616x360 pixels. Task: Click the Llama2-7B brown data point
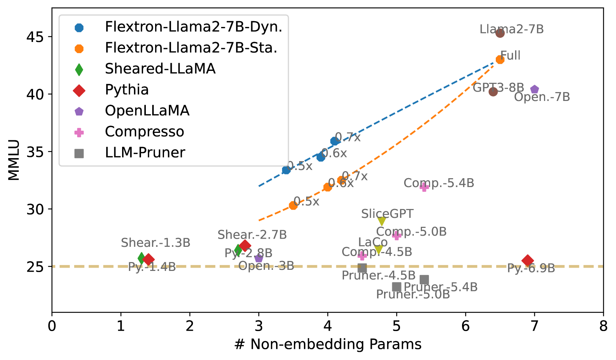coord(500,33)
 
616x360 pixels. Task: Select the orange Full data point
coord(500,59)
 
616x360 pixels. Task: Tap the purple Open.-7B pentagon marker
coord(534,89)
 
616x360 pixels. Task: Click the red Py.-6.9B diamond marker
coord(527,261)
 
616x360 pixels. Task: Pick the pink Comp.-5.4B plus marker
coord(424,187)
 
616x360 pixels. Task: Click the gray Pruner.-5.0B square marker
coord(397,287)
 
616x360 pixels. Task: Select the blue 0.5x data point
coord(286,170)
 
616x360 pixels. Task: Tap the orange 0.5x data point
coord(293,205)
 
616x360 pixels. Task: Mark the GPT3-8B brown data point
coord(493,92)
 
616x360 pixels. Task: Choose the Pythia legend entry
coord(127,90)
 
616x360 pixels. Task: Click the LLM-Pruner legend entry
coord(145,153)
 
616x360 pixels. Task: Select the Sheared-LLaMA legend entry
coord(160,69)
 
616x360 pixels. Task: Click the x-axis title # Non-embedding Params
coord(328,344)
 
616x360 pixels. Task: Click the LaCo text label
coord(373,242)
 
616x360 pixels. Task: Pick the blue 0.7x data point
coord(334,141)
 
